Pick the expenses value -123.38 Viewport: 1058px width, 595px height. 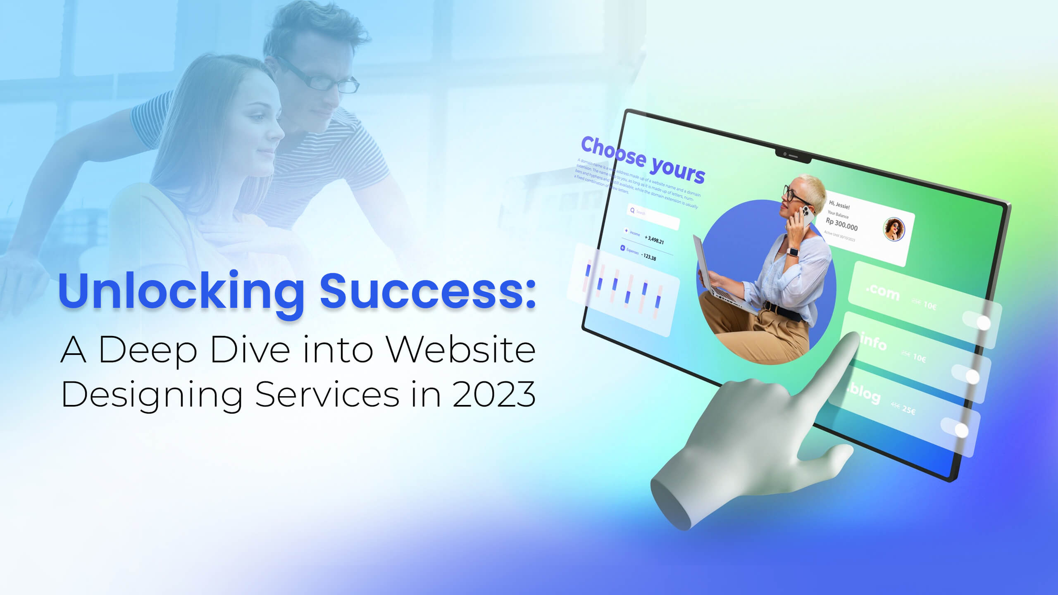pyautogui.click(x=648, y=257)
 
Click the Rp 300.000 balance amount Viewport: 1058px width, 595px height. pyautogui.click(x=841, y=224)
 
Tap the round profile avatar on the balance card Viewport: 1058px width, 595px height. pyautogui.click(x=894, y=229)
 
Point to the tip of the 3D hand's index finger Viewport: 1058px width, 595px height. pyautogui.click(x=851, y=337)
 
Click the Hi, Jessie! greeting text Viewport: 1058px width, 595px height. pyautogui.click(x=839, y=205)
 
